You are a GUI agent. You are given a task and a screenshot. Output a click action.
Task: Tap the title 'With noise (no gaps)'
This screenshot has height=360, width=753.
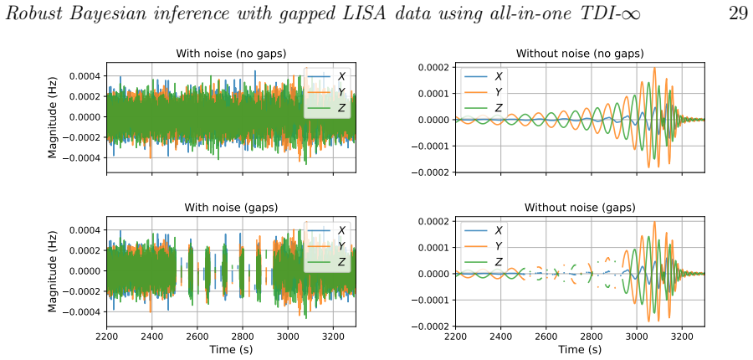231,53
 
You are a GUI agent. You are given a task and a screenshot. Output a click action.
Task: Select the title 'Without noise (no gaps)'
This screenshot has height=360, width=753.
580,53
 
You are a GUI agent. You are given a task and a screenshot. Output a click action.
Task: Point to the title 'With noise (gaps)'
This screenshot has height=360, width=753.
231,207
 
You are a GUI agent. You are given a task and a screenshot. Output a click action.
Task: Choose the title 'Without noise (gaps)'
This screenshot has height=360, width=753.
580,207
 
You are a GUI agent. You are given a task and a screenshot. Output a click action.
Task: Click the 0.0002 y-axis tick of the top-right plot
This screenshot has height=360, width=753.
435,67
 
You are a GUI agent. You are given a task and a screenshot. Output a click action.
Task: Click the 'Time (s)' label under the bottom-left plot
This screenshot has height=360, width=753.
231,349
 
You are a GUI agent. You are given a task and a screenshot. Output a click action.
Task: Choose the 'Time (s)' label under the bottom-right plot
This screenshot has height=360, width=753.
580,349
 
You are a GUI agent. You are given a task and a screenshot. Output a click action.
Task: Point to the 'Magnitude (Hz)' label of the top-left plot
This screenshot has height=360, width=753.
53,117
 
